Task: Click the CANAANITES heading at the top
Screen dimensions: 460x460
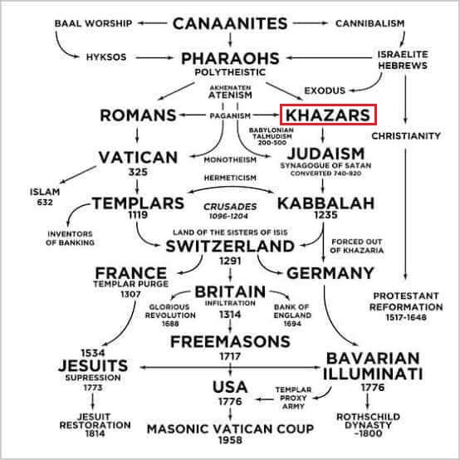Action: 230,23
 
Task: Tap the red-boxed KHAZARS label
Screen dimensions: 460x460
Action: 328,115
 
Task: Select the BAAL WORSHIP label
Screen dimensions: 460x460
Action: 93,23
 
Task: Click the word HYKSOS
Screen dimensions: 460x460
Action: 106,57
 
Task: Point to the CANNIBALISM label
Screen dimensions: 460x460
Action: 370,23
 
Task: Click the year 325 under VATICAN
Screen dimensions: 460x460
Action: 138,172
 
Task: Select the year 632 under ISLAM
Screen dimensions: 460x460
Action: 45,202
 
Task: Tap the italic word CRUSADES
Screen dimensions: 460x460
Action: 230,207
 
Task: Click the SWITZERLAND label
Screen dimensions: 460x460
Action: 230,246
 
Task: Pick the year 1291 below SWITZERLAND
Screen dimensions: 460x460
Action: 230,261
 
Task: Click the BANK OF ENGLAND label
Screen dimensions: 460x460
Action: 292,311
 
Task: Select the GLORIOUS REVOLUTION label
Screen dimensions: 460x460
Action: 170,311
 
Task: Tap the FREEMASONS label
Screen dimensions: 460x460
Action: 230,341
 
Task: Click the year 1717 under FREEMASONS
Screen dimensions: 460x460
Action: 230,356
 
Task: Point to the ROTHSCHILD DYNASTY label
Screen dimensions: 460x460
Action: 368,421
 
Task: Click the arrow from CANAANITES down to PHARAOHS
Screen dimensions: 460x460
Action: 230,39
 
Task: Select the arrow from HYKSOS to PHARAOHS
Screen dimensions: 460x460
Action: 154,57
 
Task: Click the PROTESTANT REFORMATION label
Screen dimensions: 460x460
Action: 406,301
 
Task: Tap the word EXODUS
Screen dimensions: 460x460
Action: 325,91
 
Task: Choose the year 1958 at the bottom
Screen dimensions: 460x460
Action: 230,440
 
